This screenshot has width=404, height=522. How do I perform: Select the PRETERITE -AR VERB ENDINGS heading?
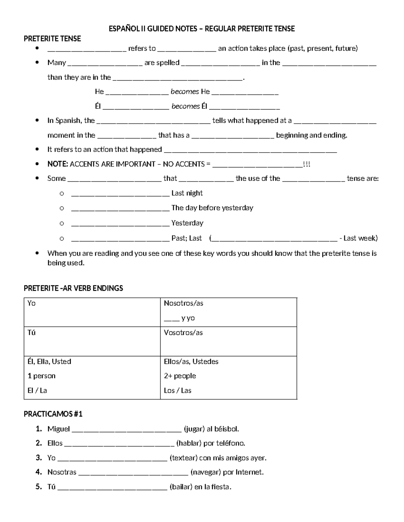(73, 288)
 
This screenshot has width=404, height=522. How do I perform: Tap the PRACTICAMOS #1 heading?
(53, 414)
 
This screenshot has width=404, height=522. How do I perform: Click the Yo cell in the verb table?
(32, 303)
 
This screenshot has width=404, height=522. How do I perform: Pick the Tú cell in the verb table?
(31, 332)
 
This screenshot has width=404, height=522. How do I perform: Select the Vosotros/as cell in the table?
(183, 332)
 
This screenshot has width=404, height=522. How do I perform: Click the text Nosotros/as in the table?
(183, 303)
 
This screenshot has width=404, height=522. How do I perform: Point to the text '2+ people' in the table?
(180, 376)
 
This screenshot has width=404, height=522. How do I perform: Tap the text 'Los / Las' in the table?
(177, 391)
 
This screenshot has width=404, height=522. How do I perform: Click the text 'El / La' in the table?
(37, 391)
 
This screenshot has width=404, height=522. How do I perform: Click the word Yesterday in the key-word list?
(187, 223)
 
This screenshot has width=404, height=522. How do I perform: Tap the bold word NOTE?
(58, 164)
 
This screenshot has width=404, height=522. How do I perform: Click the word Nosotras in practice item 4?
(62, 472)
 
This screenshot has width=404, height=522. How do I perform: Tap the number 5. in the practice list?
(39, 487)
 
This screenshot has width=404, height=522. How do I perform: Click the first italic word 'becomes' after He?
(184, 91)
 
